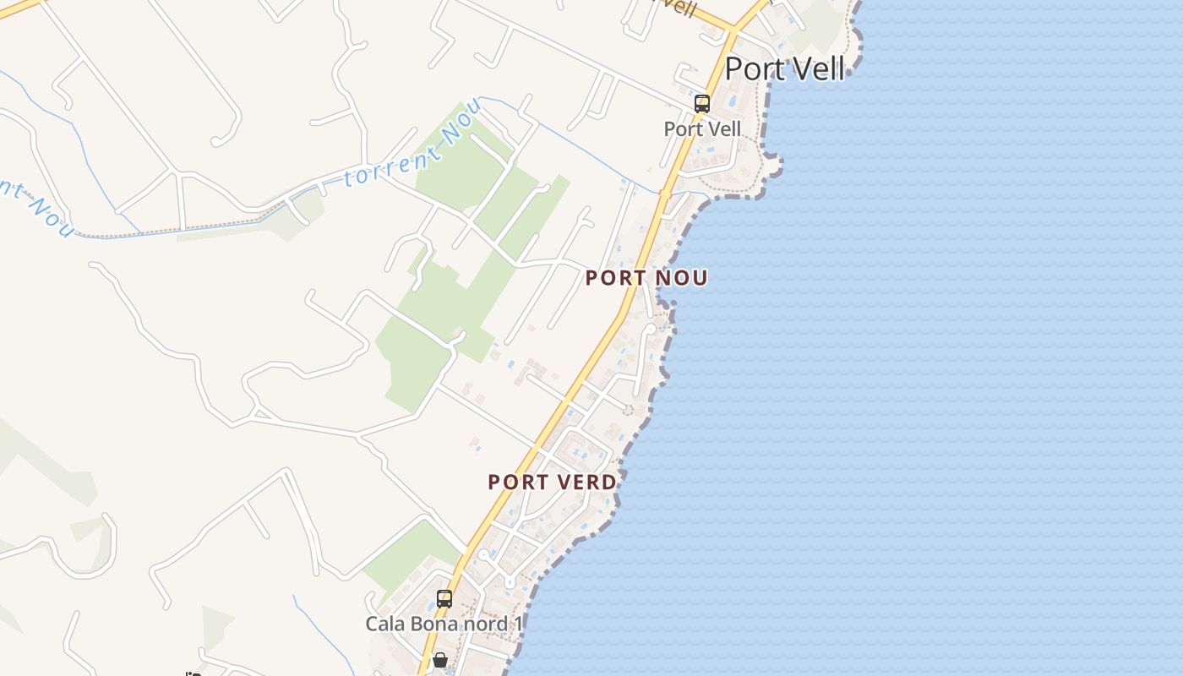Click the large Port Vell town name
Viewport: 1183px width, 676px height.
click(x=785, y=69)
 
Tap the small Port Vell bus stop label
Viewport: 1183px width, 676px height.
click(x=702, y=129)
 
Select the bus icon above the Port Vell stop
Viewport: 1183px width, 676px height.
click(x=701, y=104)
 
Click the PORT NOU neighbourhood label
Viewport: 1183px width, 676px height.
click(x=646, y=278)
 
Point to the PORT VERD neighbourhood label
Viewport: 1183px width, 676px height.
click(x=552, y=482)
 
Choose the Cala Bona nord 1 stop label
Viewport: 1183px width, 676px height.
click(x=444, y=624)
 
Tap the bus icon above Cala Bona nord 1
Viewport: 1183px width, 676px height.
click(x=444, y=599)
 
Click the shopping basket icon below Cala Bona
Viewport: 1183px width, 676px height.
click(x=440, y=659)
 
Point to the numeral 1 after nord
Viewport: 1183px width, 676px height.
click(x=518, y=624)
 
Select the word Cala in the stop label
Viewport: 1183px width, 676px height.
click(x=385, y=624)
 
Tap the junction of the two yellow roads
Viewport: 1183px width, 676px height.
click(x=733, y=30)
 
